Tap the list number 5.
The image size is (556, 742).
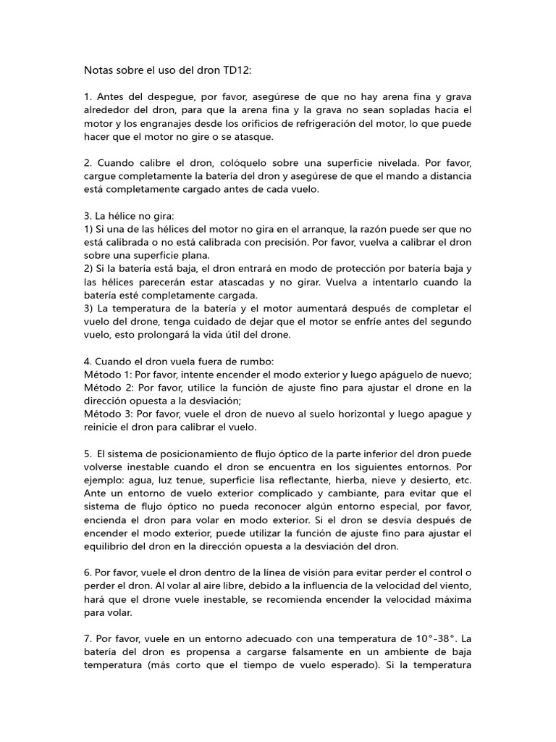(x=88, y=454)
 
